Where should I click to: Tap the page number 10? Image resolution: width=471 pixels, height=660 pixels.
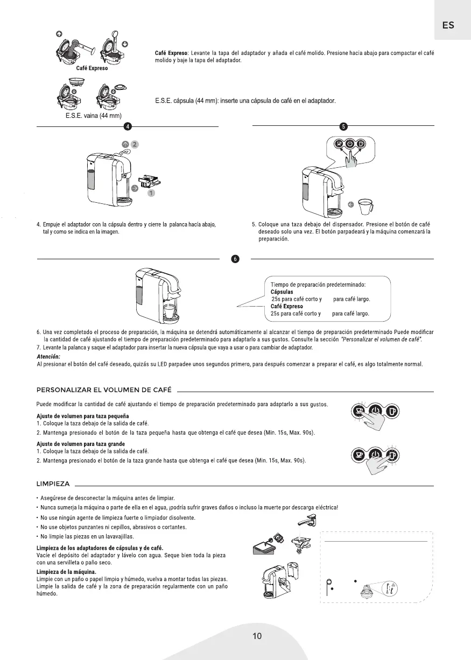(x=257, y=636)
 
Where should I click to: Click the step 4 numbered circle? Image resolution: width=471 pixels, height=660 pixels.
(x=128, y=126)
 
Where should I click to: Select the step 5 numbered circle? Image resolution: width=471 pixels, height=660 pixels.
(x=343, y=126)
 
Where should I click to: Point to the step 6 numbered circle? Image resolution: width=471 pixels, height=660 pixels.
(x=235, y=259)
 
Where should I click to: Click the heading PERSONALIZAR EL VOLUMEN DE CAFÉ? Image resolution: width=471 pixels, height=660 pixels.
(x=104, y=389)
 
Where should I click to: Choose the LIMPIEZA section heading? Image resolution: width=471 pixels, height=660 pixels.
(x=53, y=483)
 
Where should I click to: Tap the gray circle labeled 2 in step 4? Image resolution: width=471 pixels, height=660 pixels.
(x=135, y=144)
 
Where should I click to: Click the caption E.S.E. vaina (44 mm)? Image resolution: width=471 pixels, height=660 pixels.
(x=90, y=116)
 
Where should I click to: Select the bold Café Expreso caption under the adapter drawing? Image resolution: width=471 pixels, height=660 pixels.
(x=92, y=68)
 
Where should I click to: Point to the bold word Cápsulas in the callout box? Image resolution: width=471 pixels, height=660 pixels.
(x=282, y=292)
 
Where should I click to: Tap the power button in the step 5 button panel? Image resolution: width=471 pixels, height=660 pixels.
(x=349, y=144)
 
